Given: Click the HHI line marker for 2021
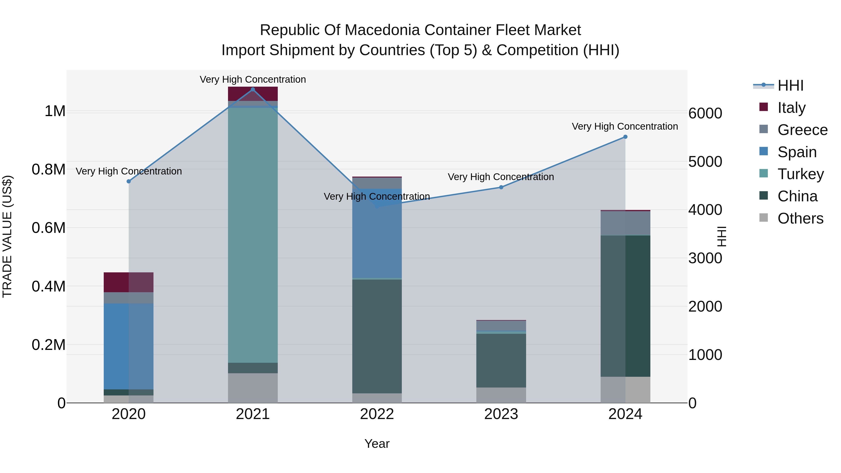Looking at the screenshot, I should click(253, 89).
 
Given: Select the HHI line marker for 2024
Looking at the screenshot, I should click(625, 137).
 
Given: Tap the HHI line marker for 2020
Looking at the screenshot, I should click(129, 181).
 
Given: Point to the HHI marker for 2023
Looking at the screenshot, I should click(501, 187).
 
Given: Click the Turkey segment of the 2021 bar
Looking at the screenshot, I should click(253, 235).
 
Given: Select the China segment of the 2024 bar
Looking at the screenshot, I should click(625, 306).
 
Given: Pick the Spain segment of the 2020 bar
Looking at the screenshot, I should click(129, 346).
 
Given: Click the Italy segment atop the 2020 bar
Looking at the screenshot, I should click(129, 282).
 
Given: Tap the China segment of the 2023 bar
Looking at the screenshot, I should click(501, 360).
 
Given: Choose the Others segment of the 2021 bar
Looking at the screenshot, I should click(253, 388).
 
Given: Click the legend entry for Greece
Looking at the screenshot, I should click(802, 130).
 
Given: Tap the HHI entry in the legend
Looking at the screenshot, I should click(790, 85).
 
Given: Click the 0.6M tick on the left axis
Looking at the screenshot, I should click(49, 228).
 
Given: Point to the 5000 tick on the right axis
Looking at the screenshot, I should click(705, 162).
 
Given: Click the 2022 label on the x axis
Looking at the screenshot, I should click(377, 414).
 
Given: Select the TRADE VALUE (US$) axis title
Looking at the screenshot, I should click(7, 236).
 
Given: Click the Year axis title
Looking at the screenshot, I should click(377, 444).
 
